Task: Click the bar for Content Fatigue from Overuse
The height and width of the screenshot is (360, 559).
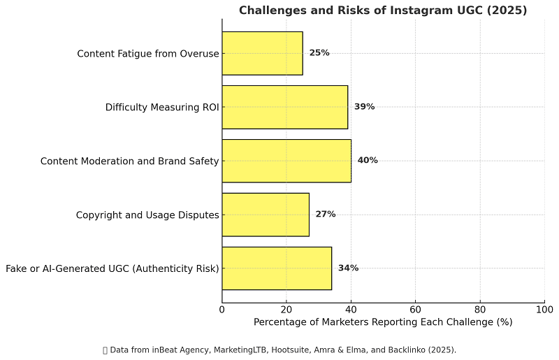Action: [x=262, y=53]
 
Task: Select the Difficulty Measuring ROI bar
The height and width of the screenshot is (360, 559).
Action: [x=284, y=107]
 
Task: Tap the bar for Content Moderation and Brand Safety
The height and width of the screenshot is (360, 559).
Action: [x=286, y=161]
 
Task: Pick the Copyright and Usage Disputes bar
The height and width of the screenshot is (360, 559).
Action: [x=266, y=214]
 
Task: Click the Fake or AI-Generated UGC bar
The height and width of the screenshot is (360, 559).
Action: [x=277, y=268]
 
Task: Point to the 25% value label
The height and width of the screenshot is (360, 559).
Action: [x=319, y=53]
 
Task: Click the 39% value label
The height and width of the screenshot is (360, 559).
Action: [x=364, y=107]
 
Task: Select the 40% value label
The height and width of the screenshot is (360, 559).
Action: [x=368, y=161]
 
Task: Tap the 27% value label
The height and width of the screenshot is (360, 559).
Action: [x=326, y=214]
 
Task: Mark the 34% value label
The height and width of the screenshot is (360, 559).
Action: [x=348, y=268]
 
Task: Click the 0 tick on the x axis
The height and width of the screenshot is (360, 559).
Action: [x=222, y=309]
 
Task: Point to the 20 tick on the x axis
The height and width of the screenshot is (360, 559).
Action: [x=286, y=309]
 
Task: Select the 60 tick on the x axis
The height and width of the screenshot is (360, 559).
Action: [x=416, y=309]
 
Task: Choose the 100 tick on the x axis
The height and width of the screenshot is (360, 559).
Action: [x=544, y=309]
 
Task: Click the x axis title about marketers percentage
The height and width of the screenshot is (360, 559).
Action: [x=383, y=322]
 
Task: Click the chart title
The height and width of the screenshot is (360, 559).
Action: [x=383, y=10]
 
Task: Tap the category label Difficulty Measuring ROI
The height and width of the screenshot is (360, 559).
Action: [x=162, y=108]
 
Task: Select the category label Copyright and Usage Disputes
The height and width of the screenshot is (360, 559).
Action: [x=147, y=215]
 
